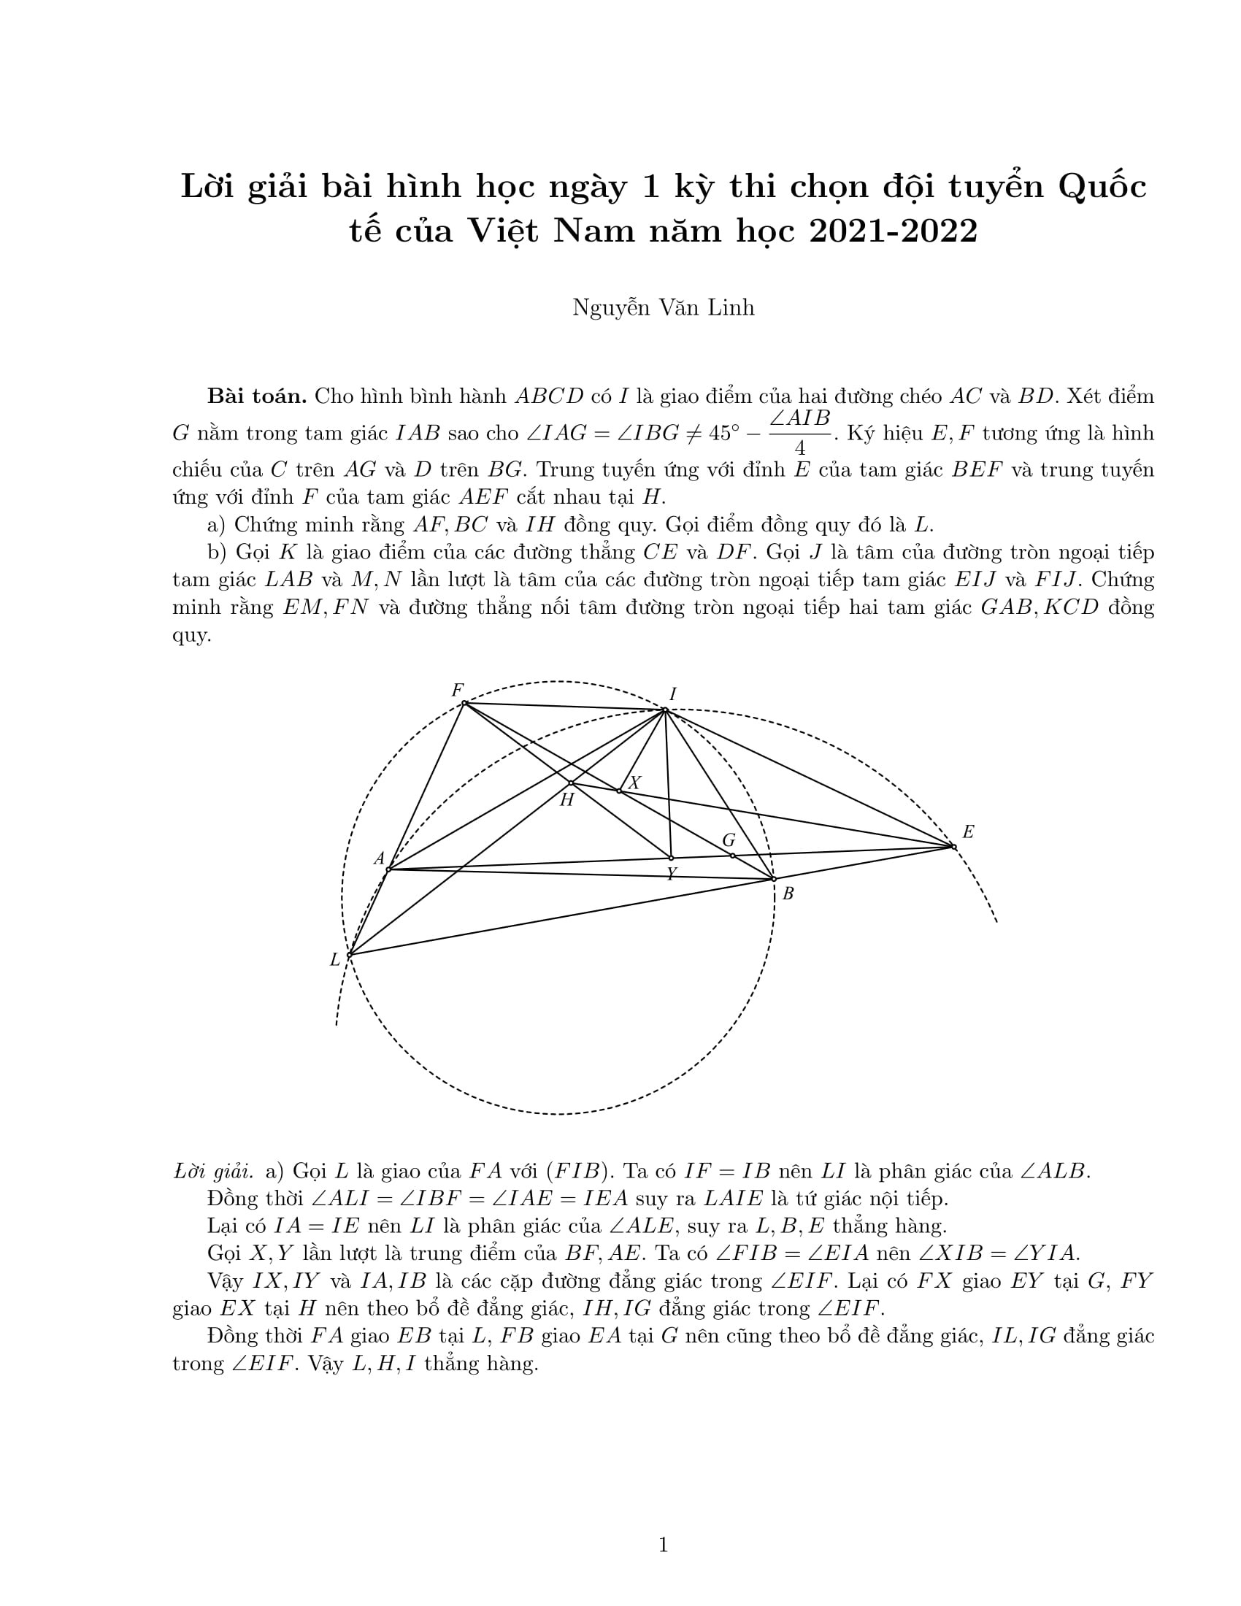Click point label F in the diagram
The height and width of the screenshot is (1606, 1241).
click(457, 690)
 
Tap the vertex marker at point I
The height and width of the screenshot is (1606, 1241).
click(664, 710)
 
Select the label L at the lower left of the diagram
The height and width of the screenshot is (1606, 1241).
click(335, 960)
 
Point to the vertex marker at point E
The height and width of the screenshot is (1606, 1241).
click(953, 846)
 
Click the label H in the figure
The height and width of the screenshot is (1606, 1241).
click(566, 800)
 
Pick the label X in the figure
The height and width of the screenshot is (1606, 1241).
click(635, 783)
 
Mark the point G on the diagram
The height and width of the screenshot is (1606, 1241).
click(732, 856)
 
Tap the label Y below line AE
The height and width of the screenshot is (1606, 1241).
click(671, 874)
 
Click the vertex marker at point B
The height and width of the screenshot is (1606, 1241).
click(773, 879)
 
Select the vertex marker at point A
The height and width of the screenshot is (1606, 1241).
click(388, 869)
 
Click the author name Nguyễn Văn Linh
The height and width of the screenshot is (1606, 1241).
click(663, 307)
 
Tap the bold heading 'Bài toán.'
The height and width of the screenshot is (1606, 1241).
click(256, 396)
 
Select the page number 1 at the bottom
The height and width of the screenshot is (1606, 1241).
click(663, 1545)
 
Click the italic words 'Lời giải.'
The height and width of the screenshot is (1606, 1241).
click(213, 1171)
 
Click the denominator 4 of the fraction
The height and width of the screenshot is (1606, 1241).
click(800, 447)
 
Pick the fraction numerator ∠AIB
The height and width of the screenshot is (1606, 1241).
click(800, 418)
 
